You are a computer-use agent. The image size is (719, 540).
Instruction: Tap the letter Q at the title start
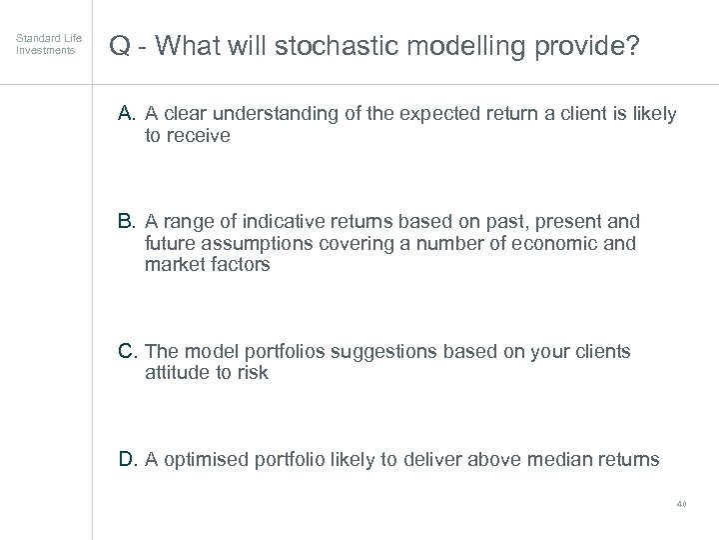(x=120, y=46)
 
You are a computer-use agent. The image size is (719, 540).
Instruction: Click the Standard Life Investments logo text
(x=49, y=44)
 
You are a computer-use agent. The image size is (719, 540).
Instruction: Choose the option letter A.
(x=128, y=115)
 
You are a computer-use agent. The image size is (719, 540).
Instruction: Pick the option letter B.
(x=128, y=221)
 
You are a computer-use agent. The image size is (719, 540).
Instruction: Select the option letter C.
(x=128, y=352)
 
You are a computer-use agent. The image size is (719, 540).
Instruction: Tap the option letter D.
(x=128, y=460)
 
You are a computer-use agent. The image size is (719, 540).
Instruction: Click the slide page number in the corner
(x=682, y=505)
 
